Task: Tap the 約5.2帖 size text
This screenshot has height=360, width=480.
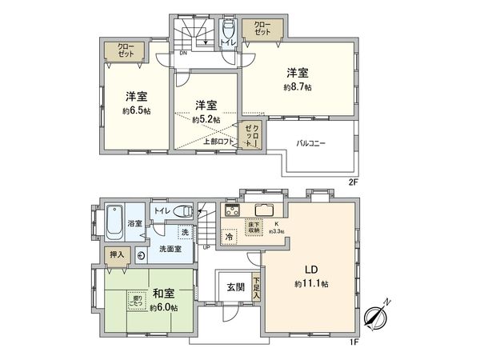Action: click(206, 120)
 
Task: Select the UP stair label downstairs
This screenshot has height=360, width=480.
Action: click(207, 247)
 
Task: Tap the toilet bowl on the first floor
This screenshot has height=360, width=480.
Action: click(184, 211)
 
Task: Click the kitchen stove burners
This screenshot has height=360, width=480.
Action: click(233, 211)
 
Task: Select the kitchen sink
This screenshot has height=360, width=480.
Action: click(263, 211)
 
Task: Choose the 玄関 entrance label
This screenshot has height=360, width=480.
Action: click(235, 286)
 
